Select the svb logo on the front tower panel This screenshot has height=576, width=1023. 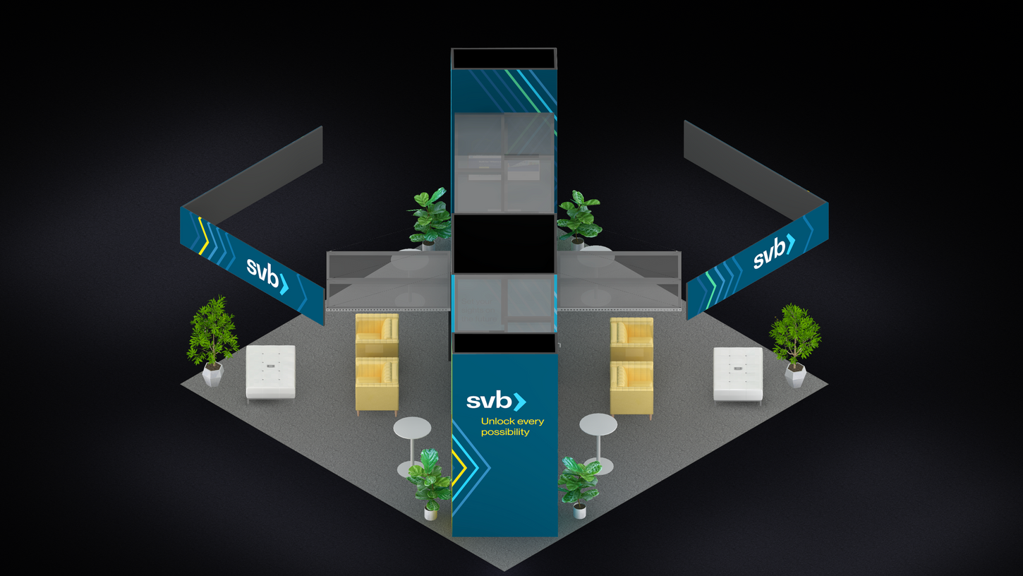click(x=496, y=402)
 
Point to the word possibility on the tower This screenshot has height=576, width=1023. click(x=505, y=432)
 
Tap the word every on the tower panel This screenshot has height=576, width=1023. click(x=530, y=421)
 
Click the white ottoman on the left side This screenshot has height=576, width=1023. click(x=270, y=371)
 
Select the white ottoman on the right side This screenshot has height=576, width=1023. click(x=738, y=374)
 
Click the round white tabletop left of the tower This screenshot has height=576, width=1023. click(x=412, y=427)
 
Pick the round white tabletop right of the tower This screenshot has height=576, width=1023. click(x=598, y=424)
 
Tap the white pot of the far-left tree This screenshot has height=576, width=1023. click(x=212, y=374)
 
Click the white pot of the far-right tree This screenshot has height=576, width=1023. click(x=795, y=374)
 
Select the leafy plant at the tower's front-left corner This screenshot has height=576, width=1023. click(x=429, y=480)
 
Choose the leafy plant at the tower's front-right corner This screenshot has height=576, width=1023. click(x=579, y=481)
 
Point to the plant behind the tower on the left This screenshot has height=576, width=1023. click(x=430, y=216)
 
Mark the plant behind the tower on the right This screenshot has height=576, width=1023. click(x=579, y=215)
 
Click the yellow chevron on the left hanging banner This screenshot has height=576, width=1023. click(x=203, y=236)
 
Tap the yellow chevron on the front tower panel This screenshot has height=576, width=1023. click(x=459, y=467)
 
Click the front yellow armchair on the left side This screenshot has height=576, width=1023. click(x=377, y=385)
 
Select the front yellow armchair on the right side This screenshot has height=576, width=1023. click(x=631, y=389)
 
